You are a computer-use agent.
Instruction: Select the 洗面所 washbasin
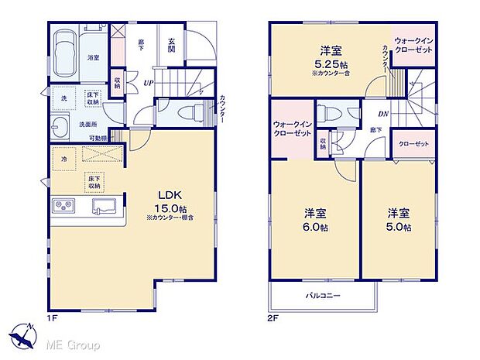coord(61,129)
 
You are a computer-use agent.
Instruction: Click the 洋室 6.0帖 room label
coord(314,218)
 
